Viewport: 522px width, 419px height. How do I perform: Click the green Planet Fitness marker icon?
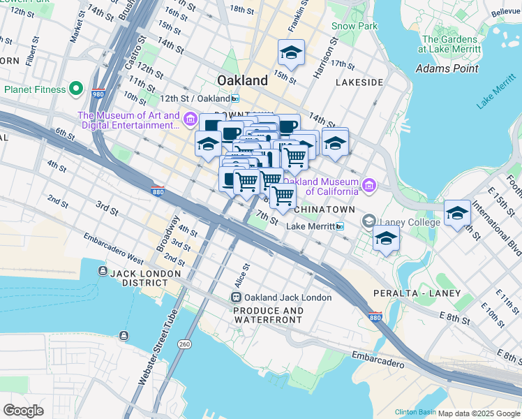[76, 89]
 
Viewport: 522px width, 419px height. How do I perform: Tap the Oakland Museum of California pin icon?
[368, 185]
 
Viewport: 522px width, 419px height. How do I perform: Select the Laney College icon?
[368, 222]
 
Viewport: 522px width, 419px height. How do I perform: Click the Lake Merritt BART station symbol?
[340, 226]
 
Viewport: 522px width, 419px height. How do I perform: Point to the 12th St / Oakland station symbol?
[236, 98]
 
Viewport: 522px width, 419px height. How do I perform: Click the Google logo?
[24, 411]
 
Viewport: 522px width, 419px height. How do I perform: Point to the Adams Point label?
[447, 68]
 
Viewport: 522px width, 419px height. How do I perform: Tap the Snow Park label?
[355, 26]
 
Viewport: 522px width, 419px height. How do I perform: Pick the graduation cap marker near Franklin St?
[292, 52]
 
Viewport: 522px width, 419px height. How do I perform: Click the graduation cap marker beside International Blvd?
[457, 213]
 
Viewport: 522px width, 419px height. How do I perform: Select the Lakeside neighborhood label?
[359, 82]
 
